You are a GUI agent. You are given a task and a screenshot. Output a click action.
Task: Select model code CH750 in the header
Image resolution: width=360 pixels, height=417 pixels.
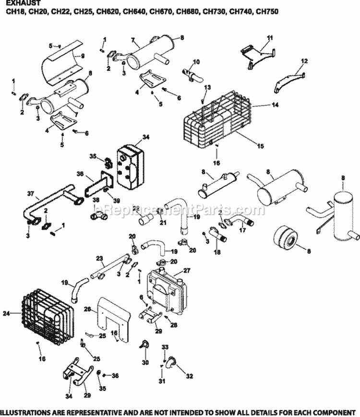coord(268,11)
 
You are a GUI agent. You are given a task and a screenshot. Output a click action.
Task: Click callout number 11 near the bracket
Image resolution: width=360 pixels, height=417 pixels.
coord(269,37)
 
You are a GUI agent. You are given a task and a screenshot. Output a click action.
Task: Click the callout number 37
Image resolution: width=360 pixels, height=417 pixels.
coord(31,194)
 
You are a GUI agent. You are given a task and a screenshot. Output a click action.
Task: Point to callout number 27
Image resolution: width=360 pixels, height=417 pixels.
coord(187,270)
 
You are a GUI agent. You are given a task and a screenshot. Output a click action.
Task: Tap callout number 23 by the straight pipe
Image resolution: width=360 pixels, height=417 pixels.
coord(100,258)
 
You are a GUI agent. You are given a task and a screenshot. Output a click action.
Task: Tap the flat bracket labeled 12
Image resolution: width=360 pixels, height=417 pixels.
coord(289,80)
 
